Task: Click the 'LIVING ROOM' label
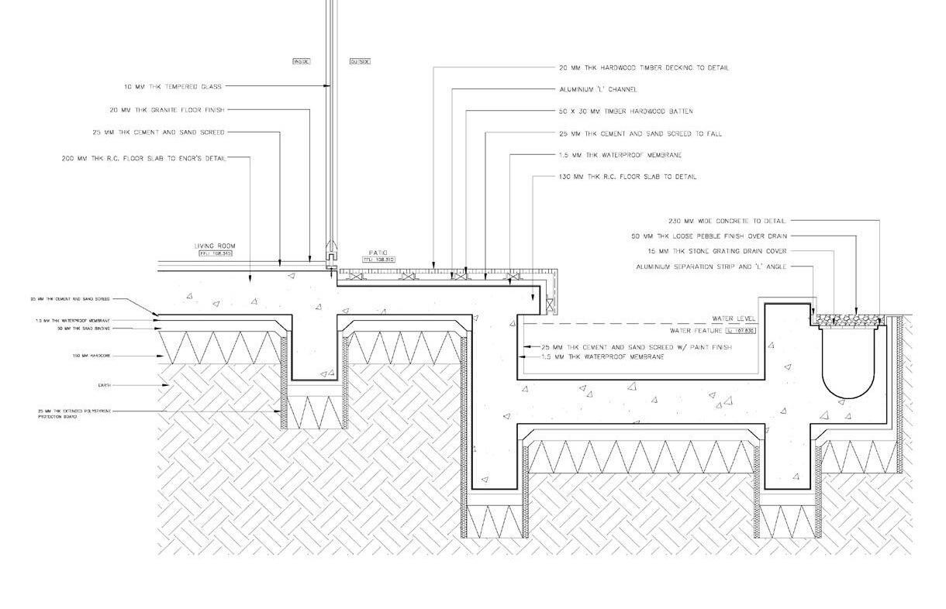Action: pyautogui.click(x=215, y=246)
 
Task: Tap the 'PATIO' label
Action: pyautogui.click(x=378, y=253)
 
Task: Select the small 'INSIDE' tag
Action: pyautogui.click(x=301, y=61)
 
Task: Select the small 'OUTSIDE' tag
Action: pyautogui.click(x=360, y=61)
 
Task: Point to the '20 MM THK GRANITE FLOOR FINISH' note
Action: pyautogui.click(x=167, y=110)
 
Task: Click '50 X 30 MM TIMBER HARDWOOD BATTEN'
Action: pyautogui.click(x=626, y=112)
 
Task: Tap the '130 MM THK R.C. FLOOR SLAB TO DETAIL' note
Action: pyautogui.click(x=627, y=177)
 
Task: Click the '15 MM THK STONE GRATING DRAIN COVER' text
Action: pyautogui.click(x=716, y=251)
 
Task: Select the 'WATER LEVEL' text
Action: pyautogui.click(x=734, y=318)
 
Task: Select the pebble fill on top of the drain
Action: pyautogui.click(x=850, y=318)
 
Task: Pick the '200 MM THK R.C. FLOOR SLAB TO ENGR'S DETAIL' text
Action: pyautogui.click(x=144, y=159)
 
